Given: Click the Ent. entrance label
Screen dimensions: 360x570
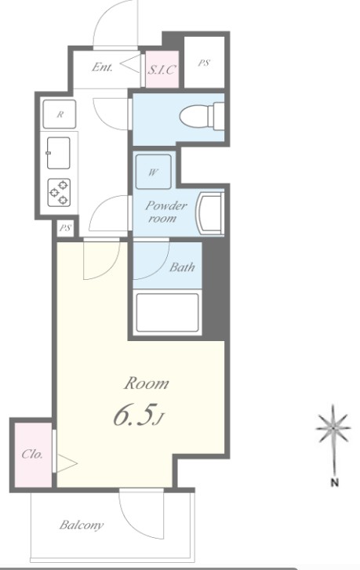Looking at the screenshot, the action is [102, 67].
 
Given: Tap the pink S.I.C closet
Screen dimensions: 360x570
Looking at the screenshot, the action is [162, 70].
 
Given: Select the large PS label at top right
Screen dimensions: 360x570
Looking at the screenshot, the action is [204, 63].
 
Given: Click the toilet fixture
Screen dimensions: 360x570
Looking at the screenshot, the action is [202, 116].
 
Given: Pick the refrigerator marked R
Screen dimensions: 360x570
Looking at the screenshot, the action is [60, 114].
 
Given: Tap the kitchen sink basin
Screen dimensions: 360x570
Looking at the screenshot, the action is [58, 153].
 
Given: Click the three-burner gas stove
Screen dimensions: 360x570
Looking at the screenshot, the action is [59, 192].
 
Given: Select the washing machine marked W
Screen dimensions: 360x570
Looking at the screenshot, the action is [153, 172].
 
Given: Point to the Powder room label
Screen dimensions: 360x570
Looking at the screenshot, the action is [165, 212].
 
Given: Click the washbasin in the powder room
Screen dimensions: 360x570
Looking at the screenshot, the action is [210, 214].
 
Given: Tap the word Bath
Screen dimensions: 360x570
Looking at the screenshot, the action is [182, 267].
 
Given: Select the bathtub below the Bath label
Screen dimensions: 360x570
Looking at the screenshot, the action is [167, 312].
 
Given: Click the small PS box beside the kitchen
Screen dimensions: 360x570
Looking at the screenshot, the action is [65, 228].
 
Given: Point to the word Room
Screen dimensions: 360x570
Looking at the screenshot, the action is [147, 383].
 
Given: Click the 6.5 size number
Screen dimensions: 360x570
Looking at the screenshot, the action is [132, 415].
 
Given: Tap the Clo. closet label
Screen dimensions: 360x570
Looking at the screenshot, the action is [32, 454].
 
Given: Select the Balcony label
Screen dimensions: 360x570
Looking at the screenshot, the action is [82, 525].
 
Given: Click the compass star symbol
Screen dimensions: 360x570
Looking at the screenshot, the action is [333, 428].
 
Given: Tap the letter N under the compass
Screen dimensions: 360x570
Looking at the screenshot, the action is [335, 483].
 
